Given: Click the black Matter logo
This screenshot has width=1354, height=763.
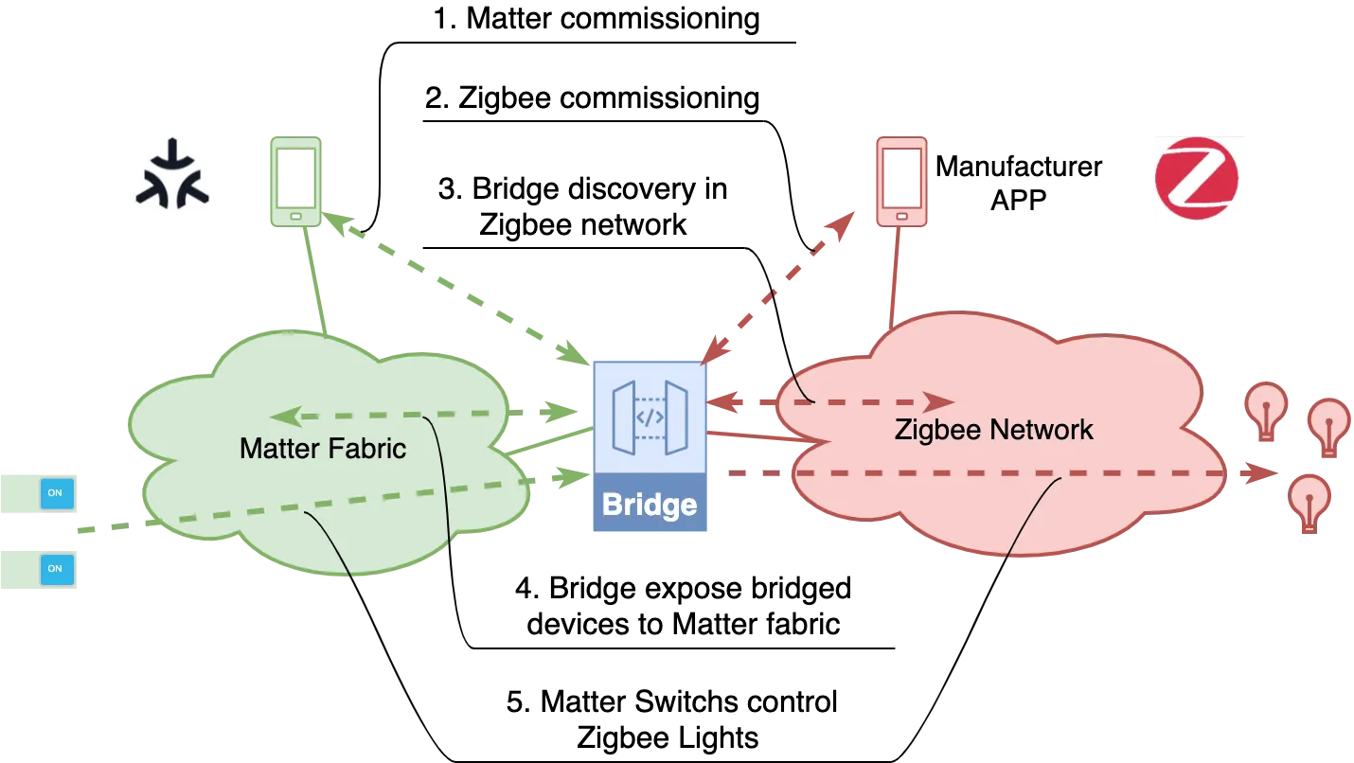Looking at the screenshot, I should [170, 174].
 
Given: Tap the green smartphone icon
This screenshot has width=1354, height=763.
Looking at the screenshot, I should [296, 181].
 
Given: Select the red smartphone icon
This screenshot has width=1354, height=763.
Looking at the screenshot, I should [901, 181].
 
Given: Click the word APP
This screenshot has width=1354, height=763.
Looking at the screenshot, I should [1019, 200].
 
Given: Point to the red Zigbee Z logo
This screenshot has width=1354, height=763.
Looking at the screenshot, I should [1200, 181].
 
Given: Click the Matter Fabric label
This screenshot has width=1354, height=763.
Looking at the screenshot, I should [323, 448].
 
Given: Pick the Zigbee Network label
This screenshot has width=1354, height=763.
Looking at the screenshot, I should [993, 430].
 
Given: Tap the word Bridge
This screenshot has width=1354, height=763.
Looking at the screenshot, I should [650, 505].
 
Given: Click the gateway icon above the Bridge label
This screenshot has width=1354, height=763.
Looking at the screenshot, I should [650, 417].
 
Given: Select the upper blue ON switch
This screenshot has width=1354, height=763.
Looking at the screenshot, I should [55, 492].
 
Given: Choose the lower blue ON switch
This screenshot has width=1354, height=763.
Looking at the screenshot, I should [55, 568].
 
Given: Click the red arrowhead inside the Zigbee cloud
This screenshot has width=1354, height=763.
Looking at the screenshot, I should [939, 400].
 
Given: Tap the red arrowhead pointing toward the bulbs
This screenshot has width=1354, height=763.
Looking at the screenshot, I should [1258, 472].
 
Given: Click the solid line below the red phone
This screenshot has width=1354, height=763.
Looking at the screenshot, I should [891, 275].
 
